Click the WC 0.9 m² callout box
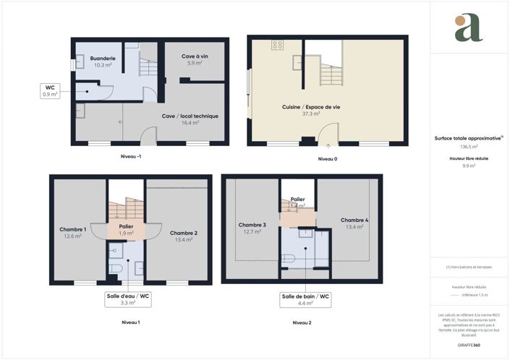coord(50,90)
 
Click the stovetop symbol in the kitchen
coord(277,45)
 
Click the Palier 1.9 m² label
coord(126,229)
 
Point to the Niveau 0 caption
coord(328,158)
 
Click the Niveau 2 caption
coord(302,322)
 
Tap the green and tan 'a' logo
coord(468,27)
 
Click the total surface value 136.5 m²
coord(469,146)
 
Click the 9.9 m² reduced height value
coord(469,166)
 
